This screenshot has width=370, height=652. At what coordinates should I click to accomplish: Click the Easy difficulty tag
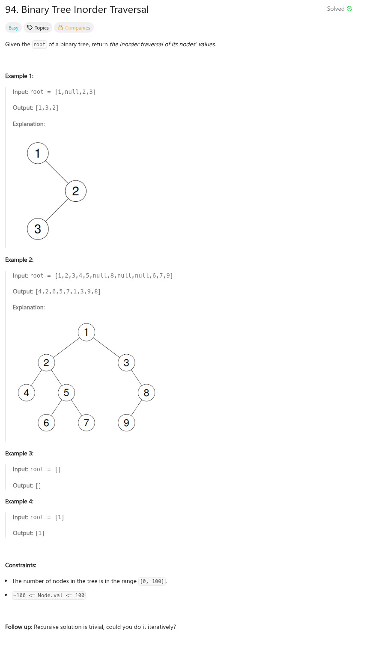click(x=13, y=28)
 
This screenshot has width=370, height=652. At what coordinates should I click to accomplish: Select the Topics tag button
click(x=38, y=28)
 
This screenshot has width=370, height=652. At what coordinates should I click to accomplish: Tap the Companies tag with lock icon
click(x=74, y=28)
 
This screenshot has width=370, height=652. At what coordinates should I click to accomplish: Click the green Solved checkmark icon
click(x=349, y=9)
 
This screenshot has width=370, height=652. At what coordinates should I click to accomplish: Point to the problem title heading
click(x=77, y=9)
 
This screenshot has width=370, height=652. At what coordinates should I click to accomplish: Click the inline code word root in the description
click(x=39, y=45)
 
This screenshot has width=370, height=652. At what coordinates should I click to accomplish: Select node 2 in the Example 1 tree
click(x=76, y=191)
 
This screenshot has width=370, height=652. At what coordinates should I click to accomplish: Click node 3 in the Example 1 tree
click(x=38, y=229)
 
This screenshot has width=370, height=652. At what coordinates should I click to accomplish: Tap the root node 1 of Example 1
click(x=38, y=153)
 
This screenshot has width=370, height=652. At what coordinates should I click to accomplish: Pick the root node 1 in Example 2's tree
click(x=87, y=332)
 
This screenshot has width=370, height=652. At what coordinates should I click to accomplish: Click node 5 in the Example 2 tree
click(x=66, y=392)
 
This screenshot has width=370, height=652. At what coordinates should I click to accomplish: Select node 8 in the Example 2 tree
click(x=146, y=392)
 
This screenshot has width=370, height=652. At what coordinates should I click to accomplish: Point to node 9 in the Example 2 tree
click(x=126, y=423)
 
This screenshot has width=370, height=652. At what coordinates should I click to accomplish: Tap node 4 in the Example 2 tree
click(x=27, y=392)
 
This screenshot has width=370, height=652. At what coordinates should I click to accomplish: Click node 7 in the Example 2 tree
click(x=87, y=423)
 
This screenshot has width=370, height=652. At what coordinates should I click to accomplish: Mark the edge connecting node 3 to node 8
click(x=137, y=378)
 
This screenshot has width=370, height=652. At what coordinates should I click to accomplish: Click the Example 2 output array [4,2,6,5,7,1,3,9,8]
click(x=68, y=292)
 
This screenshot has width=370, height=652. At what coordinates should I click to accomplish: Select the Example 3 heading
click(x=19, y=453)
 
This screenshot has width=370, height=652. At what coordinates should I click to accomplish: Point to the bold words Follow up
click(x=18, y=627)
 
